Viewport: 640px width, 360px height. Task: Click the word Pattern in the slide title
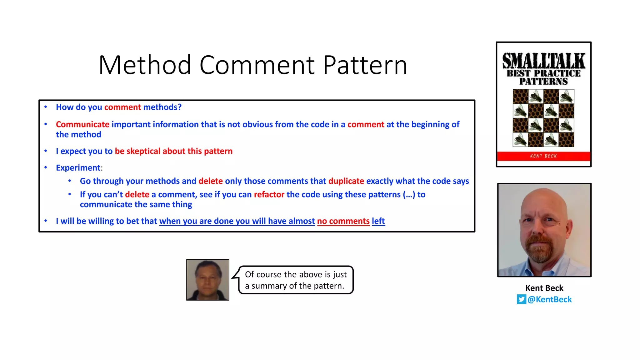[365, 65]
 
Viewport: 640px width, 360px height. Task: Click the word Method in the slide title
[145, 65]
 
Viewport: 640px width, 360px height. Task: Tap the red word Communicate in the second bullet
[82, 124]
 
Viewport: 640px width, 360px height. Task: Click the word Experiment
[78, 168]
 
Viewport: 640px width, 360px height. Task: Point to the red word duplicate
[346, 181]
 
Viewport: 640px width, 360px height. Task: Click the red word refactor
[269, 195]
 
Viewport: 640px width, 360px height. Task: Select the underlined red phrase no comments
[343, 221]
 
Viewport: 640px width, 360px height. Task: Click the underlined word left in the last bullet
[378, 221]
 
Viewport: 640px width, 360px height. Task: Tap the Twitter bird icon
[521, 299]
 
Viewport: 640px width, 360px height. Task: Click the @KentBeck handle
[549, 299]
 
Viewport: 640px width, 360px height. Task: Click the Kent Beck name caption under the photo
[544, 288]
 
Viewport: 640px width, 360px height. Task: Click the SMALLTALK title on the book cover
[544, 61]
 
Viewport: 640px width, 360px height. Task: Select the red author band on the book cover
[544, 156]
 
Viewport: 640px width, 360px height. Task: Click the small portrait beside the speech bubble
[208, 280]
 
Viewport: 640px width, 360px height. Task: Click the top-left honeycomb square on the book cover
[520, 97]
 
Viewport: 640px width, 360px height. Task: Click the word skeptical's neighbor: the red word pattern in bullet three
[218, 151]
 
